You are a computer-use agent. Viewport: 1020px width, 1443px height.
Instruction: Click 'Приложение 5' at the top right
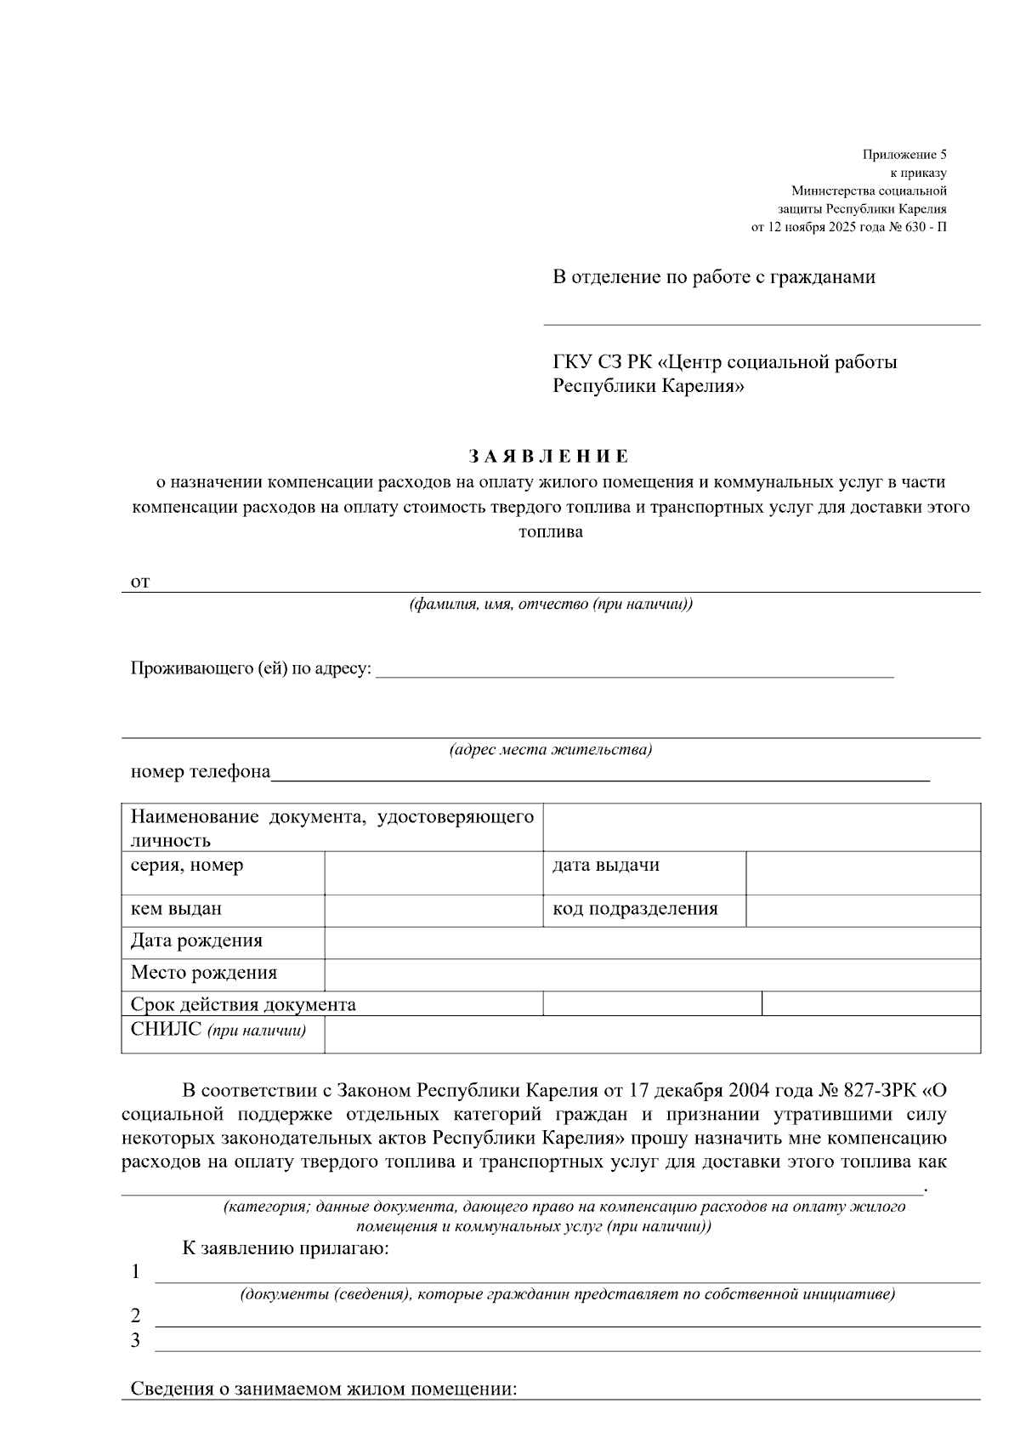(x=904, y=155)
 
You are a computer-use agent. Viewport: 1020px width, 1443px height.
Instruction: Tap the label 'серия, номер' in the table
(x=187, y=866)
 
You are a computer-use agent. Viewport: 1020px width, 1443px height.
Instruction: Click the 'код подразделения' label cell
(x=635, y=909)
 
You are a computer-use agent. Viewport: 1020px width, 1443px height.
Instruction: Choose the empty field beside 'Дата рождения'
(x=651, y=942)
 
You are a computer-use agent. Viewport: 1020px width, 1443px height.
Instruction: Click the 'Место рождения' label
(x=204, y=973)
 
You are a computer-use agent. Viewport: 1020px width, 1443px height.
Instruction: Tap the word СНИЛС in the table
(x=166, y=1030)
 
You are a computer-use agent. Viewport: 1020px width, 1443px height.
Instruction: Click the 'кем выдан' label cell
(x=176, y=909)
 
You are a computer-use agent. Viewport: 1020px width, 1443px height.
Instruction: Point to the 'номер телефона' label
(x=200, y=772)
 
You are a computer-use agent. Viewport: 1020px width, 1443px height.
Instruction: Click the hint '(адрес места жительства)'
(x=550, y=750)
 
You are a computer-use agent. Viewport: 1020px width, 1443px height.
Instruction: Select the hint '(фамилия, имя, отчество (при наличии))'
(x=550, y=605)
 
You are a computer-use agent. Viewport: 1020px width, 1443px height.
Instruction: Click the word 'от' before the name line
(x=140, y=582)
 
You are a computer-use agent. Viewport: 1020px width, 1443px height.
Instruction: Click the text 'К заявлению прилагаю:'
(x=286, y=1248)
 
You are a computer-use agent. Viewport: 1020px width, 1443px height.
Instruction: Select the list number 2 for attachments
(x=135, y=1315)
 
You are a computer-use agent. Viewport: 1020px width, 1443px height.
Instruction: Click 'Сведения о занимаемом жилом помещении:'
(x=323, y=1389)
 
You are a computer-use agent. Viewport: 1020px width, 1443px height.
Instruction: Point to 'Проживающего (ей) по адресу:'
(x=251, y=668)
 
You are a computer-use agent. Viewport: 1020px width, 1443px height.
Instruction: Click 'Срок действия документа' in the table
(x=243, y=1004)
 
